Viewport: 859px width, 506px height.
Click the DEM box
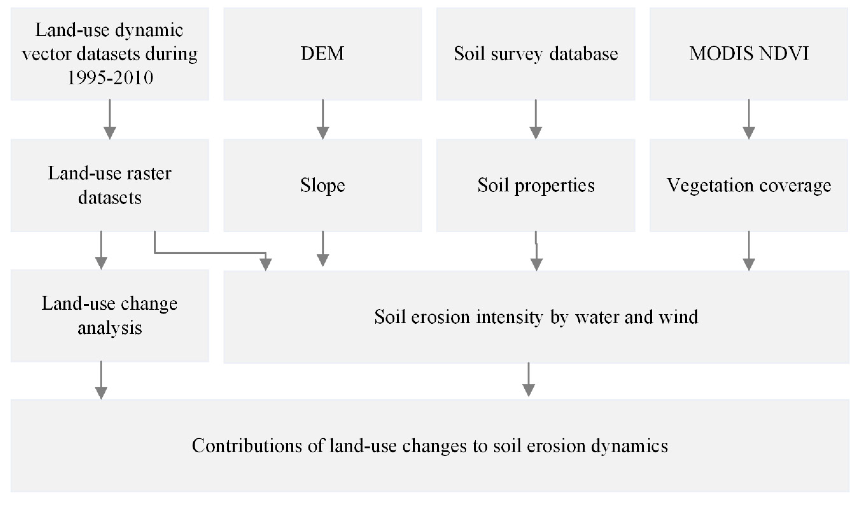pos(323,54)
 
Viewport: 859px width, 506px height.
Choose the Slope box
pos(323,186)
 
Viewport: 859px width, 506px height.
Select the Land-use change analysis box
pos(109,315)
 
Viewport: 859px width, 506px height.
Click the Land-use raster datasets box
pos(109,186)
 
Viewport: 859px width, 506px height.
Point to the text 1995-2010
pos(110,78)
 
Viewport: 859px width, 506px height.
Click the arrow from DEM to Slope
pos(323,119)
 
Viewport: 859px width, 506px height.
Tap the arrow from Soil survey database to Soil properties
pos(536,119)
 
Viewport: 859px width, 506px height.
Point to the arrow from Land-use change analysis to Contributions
pos(101,380)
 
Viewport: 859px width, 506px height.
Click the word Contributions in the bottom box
pos(247,446)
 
